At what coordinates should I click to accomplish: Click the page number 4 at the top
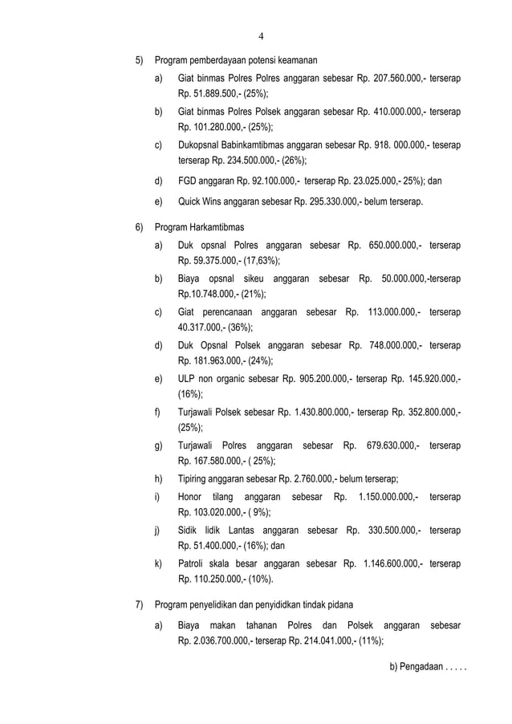262,35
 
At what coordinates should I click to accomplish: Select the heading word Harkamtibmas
217,227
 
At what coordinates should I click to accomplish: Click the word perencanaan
242,313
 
